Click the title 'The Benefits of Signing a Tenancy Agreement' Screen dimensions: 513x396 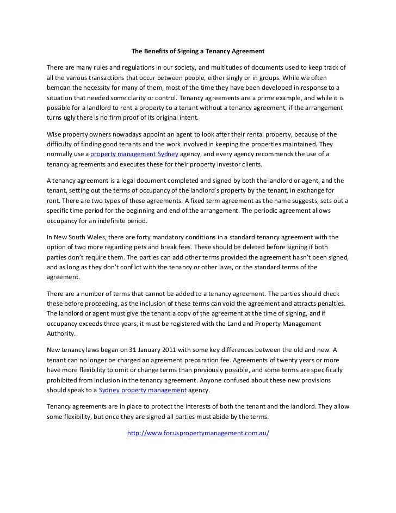tap(198, 52)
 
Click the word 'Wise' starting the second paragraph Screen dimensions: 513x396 tap(54, 134)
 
